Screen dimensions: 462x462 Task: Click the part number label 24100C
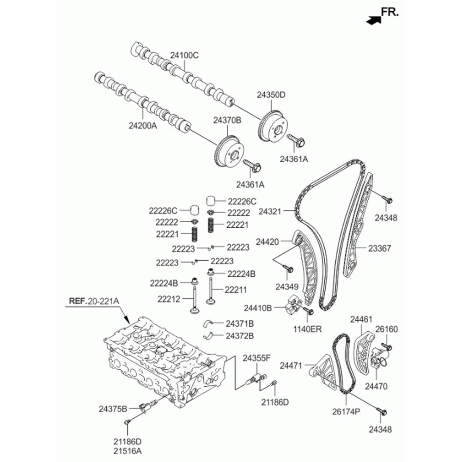(x=184, y=55)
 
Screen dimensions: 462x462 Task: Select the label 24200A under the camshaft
(x=143, y=126)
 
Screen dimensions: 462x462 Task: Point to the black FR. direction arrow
(x=373, y=20)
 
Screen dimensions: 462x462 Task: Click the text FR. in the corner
(x=389, y=12)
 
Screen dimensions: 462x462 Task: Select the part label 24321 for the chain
(x=270, y=212)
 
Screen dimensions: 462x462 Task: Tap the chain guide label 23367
(x=379, y=249)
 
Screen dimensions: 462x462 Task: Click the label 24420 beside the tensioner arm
(x=267, y=242)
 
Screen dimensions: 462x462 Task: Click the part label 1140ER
(x=307, y=329)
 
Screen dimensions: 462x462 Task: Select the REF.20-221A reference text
(x=94, y=301)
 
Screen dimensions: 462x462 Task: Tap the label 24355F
(x=256, y=359)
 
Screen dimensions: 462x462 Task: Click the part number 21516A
(x=128, y=451)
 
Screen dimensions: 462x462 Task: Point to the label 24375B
(x=113, y=409)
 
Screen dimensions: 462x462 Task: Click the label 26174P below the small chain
(x=346, y=411)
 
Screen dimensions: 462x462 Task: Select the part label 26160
(x=387, y=329)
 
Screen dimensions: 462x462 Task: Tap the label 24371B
(x=240, y=324)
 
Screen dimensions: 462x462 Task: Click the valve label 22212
(x=169, y=299)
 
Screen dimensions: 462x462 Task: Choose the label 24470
(x=376, y=386)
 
